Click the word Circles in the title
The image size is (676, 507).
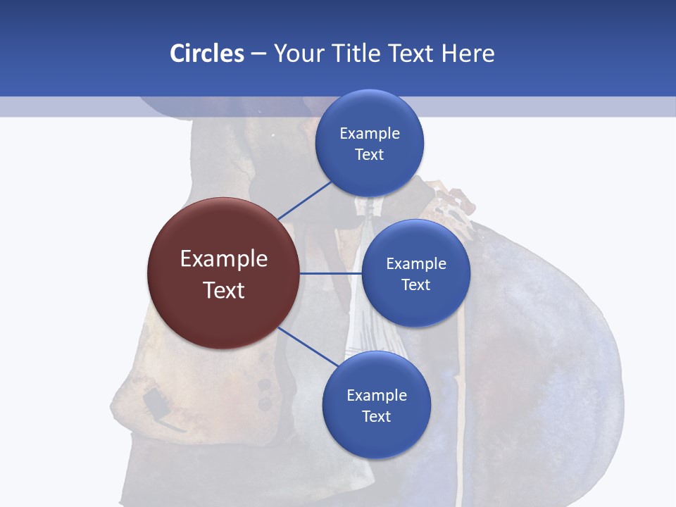click(x=206, y=54)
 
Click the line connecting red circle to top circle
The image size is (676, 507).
click(x=304, y=201)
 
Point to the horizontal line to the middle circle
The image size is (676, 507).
click(x=331, y=273)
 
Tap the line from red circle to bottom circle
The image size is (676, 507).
click(x=308, y=346)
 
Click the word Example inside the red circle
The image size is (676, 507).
click(x=224, y=259)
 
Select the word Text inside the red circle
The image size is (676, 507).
click(x=224, y=290)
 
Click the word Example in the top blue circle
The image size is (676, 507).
click(x=370, y=133)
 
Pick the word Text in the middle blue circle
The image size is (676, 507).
click(x=415, y=284)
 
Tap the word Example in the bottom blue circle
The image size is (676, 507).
click(x=376, y=395)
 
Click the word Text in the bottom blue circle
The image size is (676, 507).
click(x=376, y=416)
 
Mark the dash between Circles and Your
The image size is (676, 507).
click(x=258, y=54)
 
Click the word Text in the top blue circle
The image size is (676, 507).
click(x=370, y=154)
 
